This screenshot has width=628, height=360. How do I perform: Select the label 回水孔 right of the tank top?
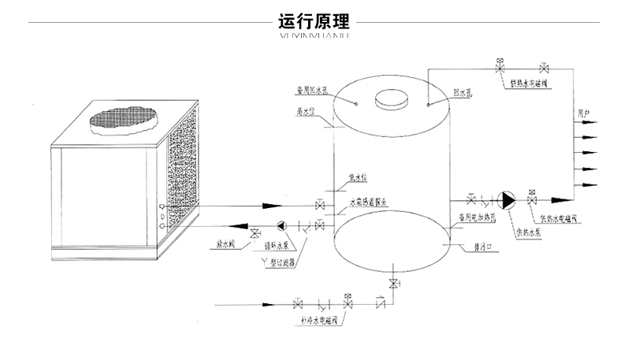462,93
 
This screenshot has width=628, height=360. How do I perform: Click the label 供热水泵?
526,232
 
